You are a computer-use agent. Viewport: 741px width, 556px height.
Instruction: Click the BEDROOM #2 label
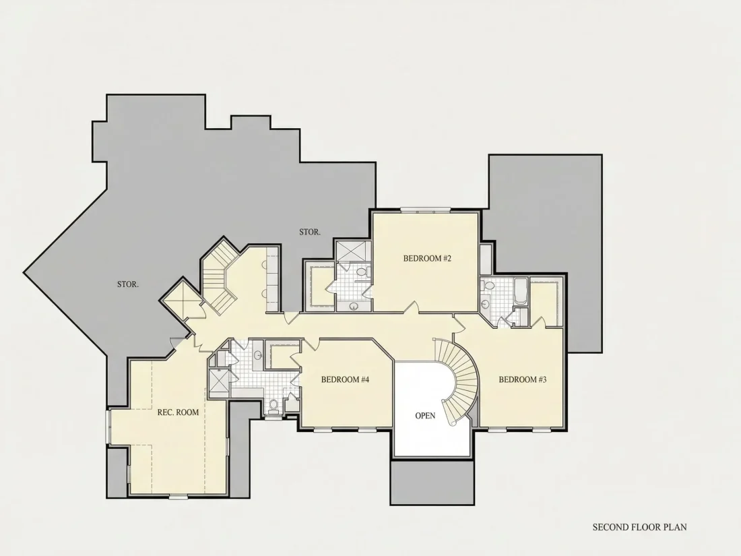427,259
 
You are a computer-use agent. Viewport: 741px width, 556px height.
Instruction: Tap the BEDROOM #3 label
523,379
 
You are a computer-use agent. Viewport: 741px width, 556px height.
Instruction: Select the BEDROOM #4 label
345,379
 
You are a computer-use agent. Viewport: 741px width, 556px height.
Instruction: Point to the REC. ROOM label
178,412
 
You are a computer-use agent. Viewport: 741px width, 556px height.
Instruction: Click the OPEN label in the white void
425,416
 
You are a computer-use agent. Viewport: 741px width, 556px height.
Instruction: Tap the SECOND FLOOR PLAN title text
640,527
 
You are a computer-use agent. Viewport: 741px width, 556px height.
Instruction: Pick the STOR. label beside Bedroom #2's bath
310,232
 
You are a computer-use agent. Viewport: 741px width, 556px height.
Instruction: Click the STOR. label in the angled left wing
128,284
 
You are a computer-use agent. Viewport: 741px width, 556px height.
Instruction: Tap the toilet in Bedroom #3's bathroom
488,286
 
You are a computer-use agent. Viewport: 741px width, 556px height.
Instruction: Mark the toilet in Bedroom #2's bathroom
362,272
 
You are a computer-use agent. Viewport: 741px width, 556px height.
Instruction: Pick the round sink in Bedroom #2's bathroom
354,307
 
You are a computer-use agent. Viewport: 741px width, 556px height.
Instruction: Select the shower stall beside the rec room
220,381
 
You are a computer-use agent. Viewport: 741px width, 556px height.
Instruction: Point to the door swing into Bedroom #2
412,307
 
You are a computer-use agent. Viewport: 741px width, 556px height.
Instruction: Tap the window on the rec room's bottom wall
178,496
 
